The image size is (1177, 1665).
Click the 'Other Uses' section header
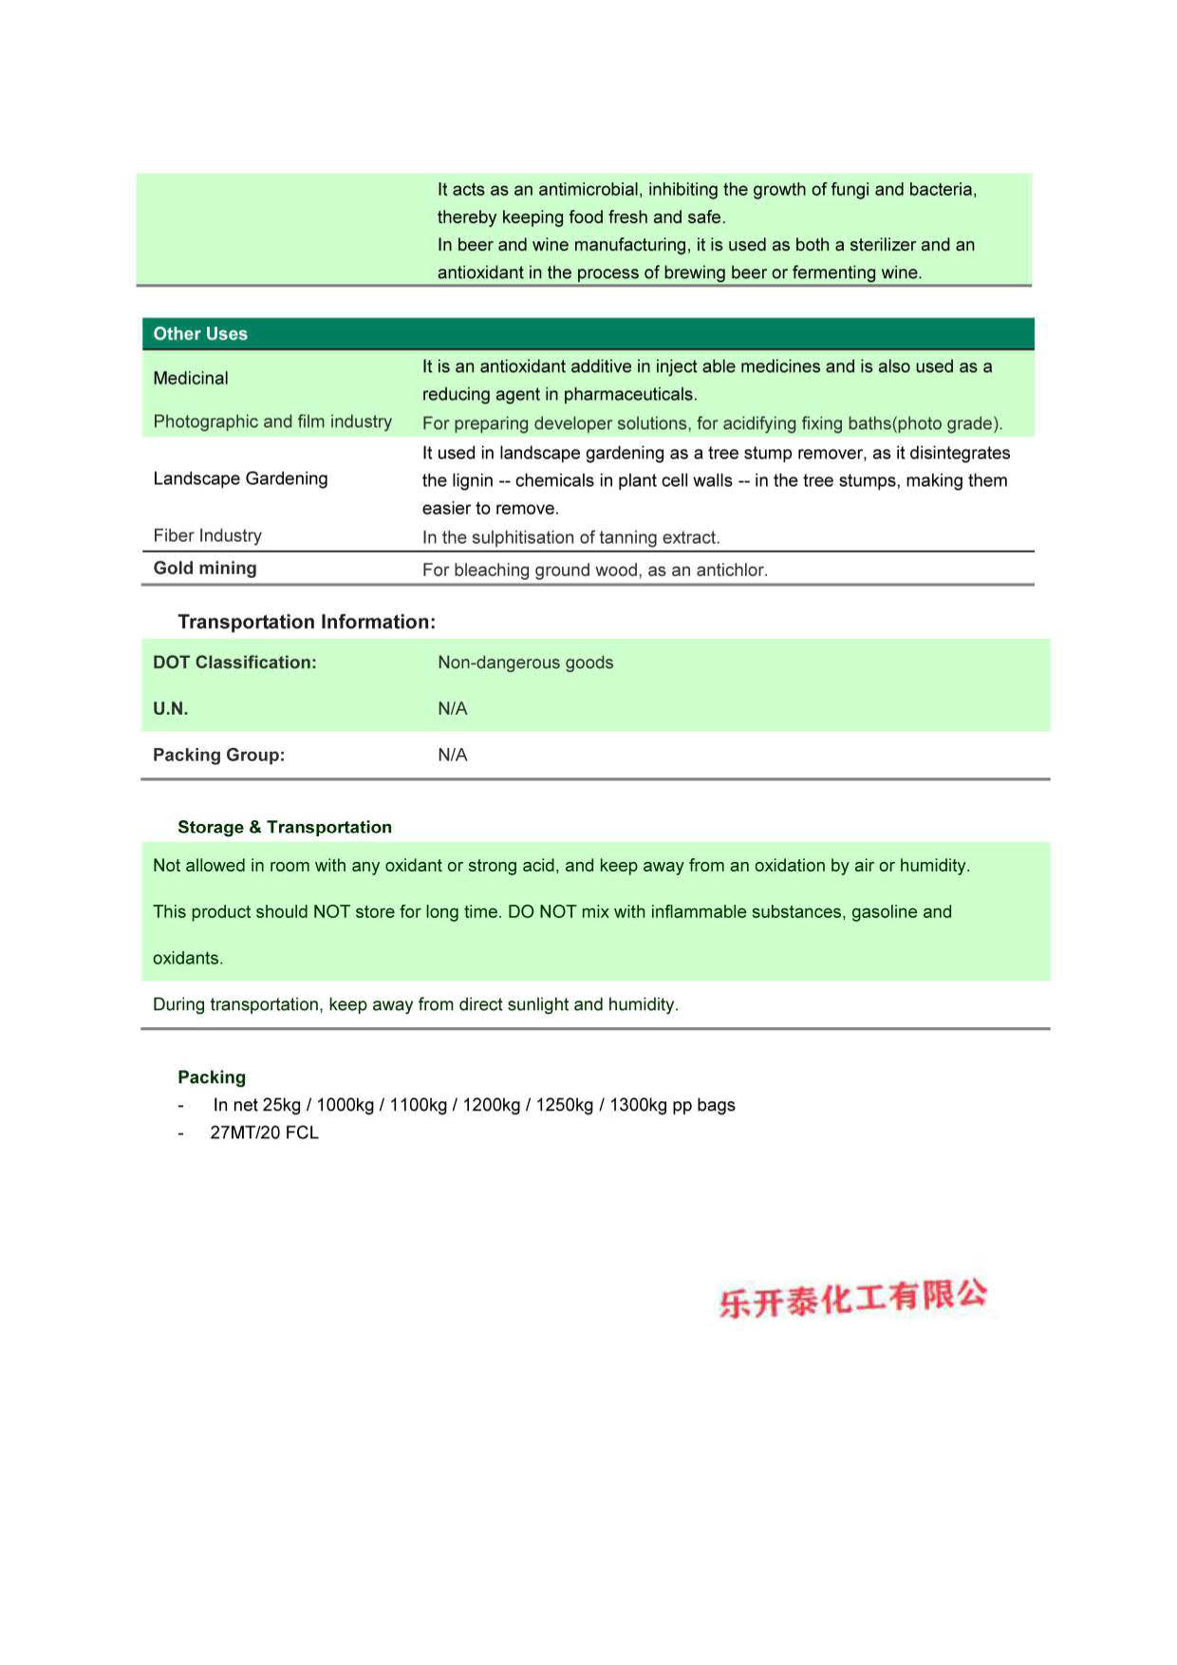[200, 334]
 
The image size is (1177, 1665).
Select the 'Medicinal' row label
[191, 378]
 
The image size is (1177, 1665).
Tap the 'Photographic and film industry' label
[272, 421]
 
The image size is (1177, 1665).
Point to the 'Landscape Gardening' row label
[240, 478]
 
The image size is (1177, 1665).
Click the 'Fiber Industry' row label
[207, 535]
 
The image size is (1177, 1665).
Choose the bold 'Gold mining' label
[205, 568]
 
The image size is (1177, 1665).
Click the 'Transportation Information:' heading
[307, 622]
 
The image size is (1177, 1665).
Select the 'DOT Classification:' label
[234, 663]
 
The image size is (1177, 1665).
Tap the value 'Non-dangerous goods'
[525, 663]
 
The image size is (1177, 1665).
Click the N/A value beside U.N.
[452, 708]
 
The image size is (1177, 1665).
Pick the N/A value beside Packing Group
[452, 755]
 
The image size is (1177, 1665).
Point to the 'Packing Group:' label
[218, 755]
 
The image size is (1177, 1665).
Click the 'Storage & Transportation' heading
[285, 827]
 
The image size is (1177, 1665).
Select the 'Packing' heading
[212, 1077]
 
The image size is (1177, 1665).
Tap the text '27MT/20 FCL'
[264, 1132]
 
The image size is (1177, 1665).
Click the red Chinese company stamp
[852, 1299]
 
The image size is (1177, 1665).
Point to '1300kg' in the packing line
[638, 1105]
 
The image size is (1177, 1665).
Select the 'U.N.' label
[171, 708]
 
